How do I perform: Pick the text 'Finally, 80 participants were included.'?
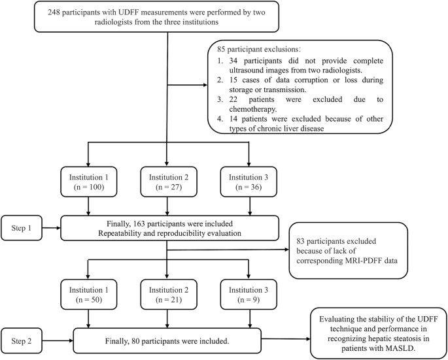tap(168, 340)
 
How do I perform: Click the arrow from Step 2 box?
tap(62, 340)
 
